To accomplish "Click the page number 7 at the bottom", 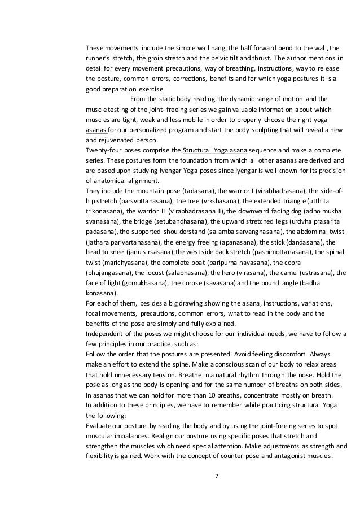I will pos(217,475).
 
